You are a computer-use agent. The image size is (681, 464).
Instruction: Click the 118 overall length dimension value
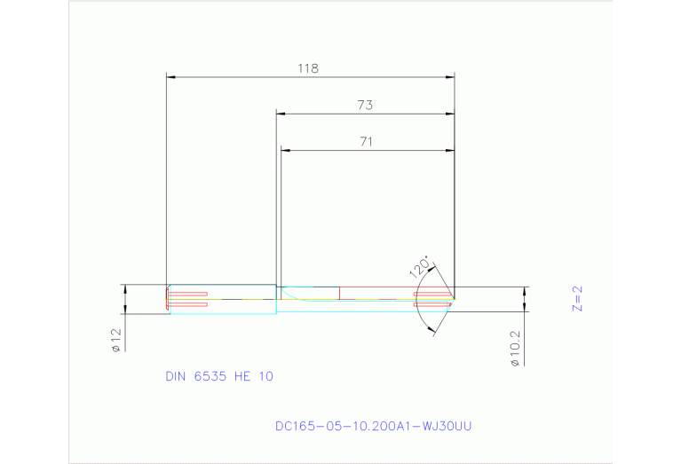(309, 67)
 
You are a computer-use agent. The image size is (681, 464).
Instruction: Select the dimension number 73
(365, 105)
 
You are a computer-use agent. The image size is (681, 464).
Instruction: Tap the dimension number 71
(365, 141)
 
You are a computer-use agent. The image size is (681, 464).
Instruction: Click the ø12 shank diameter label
(115, 341)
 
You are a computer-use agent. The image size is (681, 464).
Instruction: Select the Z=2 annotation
(576, 299)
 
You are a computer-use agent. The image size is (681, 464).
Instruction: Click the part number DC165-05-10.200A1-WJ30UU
(374, 427)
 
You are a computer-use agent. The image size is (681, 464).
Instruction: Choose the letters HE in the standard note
(244, 376)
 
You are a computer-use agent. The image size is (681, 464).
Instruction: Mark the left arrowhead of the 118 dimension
(171, 77)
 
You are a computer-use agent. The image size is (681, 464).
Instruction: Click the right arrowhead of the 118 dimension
(450, 77)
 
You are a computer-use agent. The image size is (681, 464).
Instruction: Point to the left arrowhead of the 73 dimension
(281, 114)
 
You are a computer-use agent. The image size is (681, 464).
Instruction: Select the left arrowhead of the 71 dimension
(285, 150)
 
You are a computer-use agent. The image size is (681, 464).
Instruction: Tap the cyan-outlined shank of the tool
(222, 299)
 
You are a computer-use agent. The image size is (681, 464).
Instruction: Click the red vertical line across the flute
(339, 294)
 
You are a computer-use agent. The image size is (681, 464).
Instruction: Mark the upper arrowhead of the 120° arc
(432, 263)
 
